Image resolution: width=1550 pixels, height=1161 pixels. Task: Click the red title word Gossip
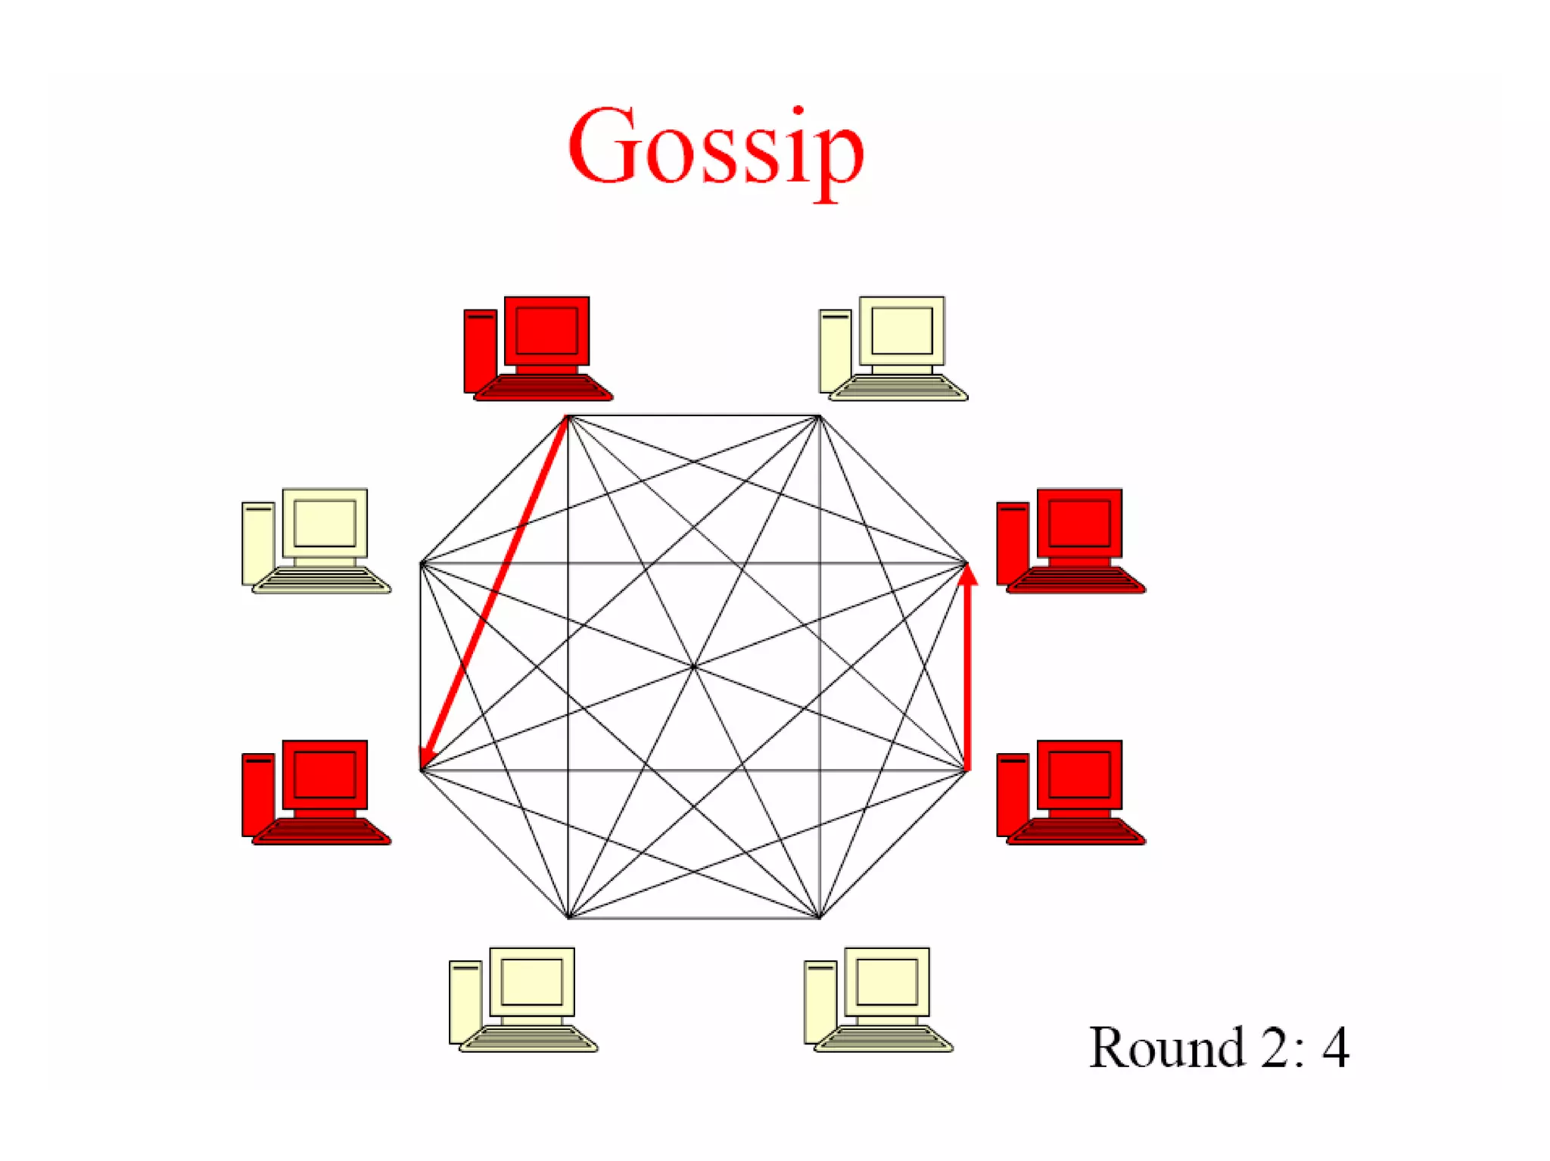[715, 148]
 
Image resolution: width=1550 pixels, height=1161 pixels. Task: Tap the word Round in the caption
[1166, 1048]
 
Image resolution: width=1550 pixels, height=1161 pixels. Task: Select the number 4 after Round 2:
[1335, 1048]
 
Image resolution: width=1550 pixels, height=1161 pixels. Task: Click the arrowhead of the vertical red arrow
[967, 575]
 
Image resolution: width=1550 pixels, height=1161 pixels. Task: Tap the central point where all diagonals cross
[694, 667]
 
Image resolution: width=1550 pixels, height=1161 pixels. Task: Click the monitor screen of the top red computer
[546, 331]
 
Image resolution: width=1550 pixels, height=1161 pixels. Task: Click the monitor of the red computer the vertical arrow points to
[1079, 523]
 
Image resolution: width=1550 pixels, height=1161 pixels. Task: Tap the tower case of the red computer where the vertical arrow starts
[1012, 795]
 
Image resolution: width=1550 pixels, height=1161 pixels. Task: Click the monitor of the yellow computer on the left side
[325, 523]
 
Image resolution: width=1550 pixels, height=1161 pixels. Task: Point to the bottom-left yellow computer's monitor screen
[531, 982]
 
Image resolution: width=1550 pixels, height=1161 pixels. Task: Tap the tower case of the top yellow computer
[835, 350]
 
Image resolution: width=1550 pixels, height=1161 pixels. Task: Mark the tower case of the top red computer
[480, 350]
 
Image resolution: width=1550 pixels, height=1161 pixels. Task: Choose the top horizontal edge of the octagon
[693, 416]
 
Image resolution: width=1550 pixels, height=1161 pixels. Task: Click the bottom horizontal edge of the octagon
[693, 918]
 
